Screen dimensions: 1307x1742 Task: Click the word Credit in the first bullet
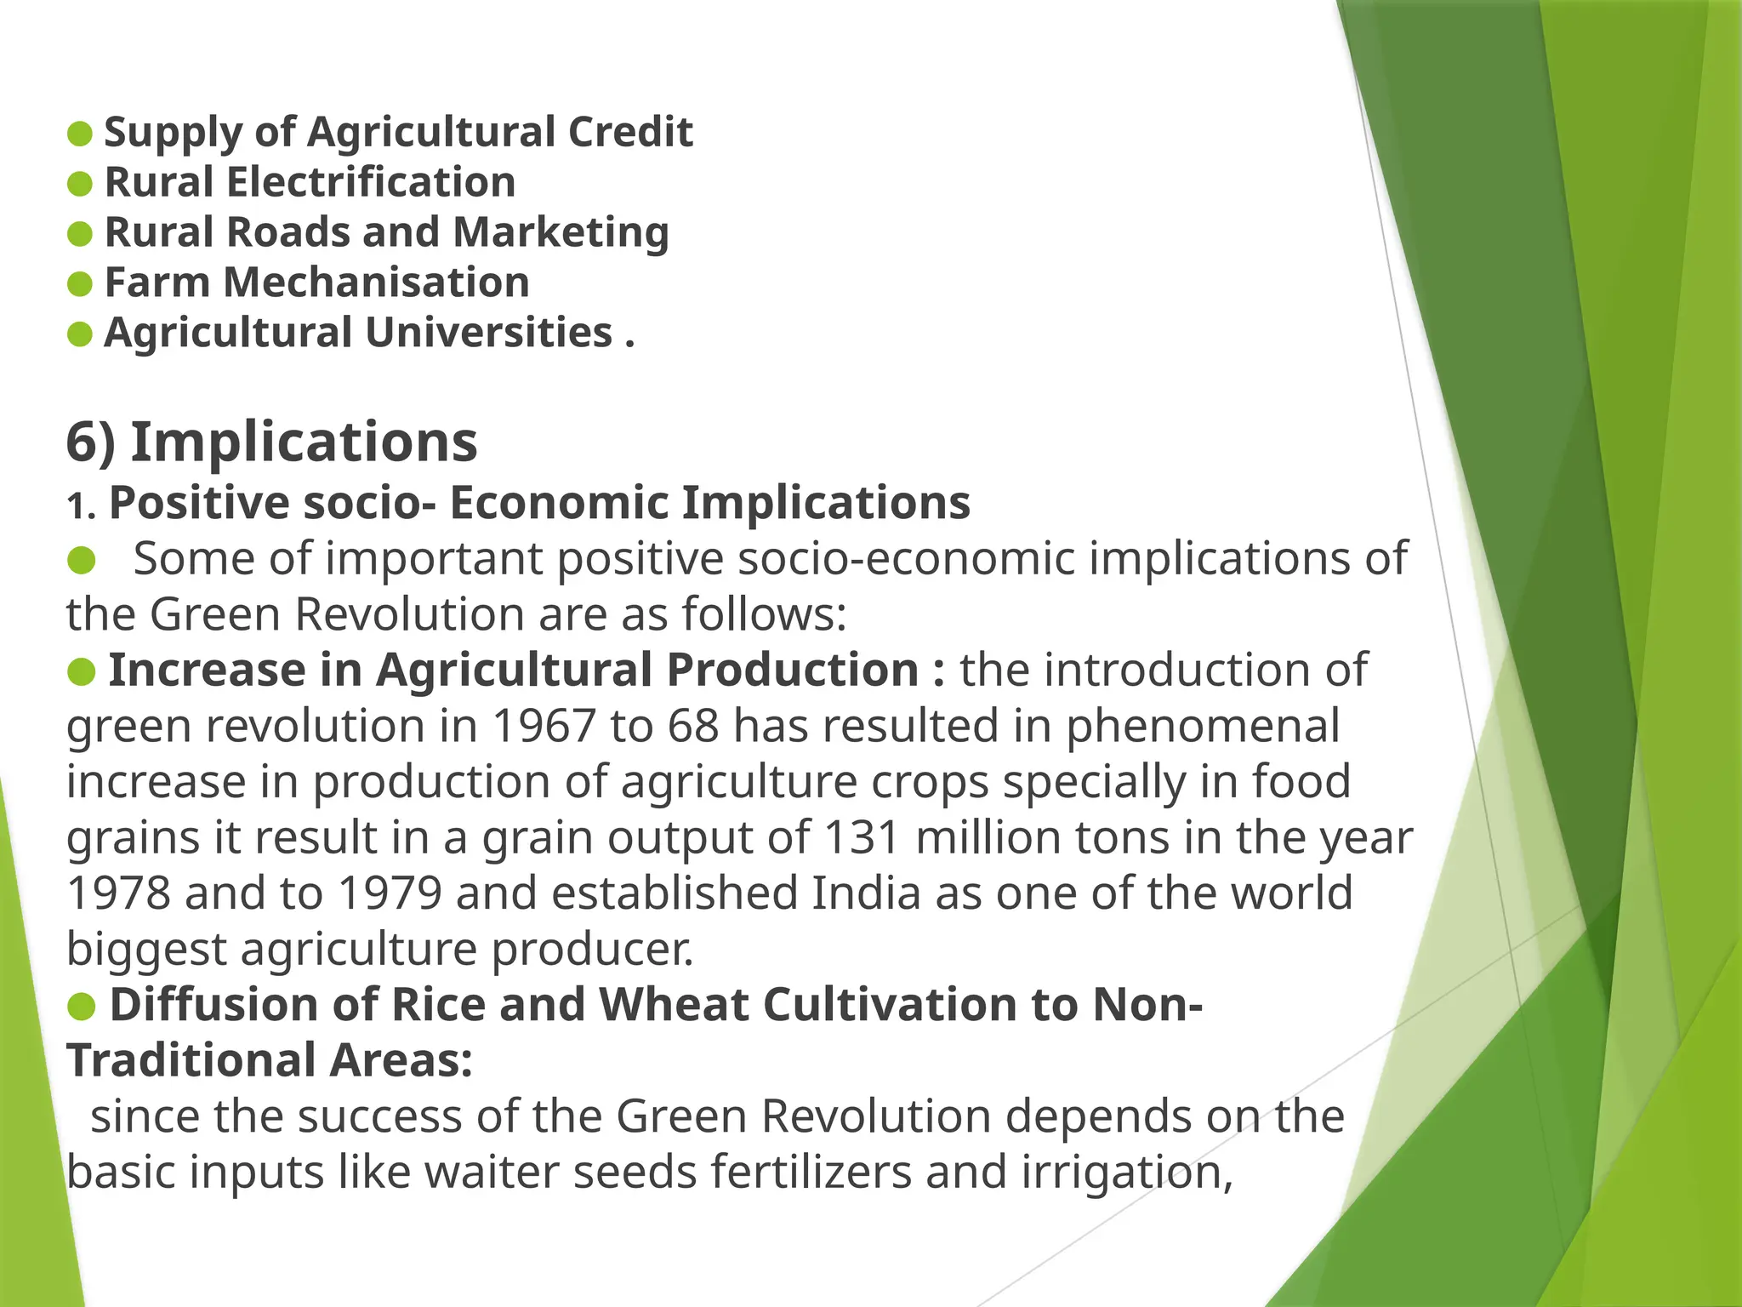630,133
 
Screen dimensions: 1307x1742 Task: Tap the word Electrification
370,183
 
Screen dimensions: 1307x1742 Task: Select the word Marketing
561,233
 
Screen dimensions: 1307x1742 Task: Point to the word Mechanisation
376,283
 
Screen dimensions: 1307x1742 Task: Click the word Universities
489,333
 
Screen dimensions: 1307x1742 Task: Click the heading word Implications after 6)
304,442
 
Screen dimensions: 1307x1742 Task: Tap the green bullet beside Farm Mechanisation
79,284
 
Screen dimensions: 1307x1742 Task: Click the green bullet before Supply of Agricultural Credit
79,134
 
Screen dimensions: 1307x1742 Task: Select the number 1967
543,727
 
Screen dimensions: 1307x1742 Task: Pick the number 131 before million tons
862,838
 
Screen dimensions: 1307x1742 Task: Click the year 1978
118,893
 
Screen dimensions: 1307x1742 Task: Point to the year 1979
390,893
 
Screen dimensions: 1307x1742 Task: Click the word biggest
146,950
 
